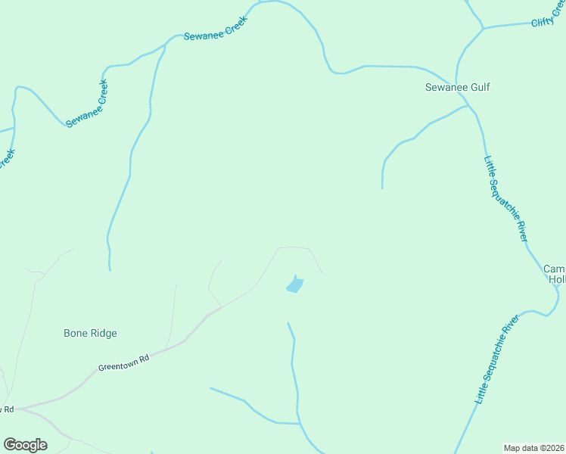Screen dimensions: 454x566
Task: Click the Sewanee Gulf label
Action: [456, 87]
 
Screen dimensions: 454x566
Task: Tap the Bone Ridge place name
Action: [90, 333]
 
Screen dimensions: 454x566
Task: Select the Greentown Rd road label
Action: [123, 362]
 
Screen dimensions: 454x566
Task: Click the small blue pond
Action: [294, 285]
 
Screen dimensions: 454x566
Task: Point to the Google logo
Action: [25, 445]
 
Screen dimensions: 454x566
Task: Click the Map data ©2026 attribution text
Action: [534, 448]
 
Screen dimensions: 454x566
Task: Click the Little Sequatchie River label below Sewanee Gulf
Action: [505, 197]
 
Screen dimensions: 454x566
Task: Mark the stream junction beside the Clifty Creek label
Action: [483, 29]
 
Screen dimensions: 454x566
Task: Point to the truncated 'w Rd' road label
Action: [7, 409]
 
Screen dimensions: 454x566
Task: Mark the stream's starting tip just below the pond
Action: [288, 324]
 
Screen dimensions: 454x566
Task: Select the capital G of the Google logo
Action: [10, 444]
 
